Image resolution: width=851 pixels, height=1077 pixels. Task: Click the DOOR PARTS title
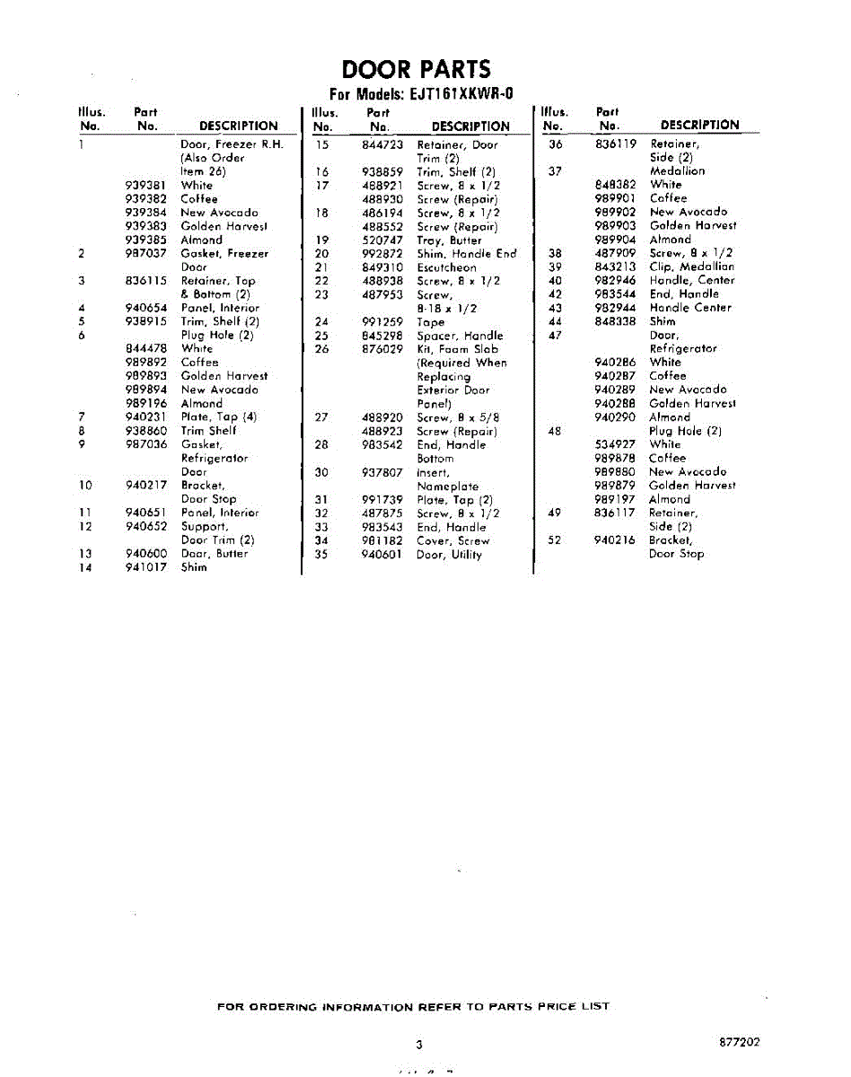click(417, 69)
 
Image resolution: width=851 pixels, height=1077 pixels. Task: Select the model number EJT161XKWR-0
click(459, 94)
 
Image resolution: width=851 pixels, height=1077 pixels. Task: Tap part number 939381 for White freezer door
click(146, 186)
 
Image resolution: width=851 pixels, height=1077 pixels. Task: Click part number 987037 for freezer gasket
click(146, 254)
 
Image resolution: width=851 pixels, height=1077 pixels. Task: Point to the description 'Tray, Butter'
click(449, 241)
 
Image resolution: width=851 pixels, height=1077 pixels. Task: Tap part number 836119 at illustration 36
click(615, 144)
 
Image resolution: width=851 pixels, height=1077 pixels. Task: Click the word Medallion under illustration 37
click(677, 171)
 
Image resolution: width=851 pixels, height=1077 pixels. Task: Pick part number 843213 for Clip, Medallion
click(615, 267)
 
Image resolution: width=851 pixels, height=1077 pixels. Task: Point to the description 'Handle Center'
click(690, 307)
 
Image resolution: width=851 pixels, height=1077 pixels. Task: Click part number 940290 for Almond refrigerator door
click(615, 417)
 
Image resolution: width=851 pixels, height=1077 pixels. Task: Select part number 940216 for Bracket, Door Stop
click(615, 540)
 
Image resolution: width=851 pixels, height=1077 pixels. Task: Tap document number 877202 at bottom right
click(740, 1042)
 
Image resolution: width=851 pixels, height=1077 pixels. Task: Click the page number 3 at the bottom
click(418, 1044)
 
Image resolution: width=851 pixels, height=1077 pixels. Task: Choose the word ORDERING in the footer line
click(281, 1007)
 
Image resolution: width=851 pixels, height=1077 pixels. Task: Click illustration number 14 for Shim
click(85, 568)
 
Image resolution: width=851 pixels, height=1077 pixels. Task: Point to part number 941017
click(146, 568)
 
